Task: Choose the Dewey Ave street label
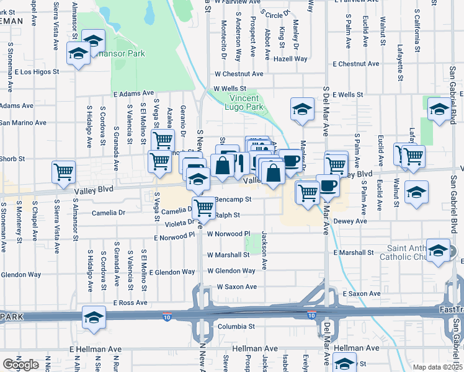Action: click(350, 220)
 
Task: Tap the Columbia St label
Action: click(235, 326)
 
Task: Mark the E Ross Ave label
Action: click(130, 303)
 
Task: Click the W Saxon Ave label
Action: click(236, 287)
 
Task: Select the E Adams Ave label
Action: click(133, 94)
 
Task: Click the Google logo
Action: click(20, 365)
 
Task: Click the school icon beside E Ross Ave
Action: click(94, 317)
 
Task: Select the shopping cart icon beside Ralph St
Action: click(203, 208)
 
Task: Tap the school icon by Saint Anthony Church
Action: click(439, 250)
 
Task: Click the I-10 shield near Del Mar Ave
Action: click(311, 316)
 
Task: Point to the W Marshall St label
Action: click(228, 255)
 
